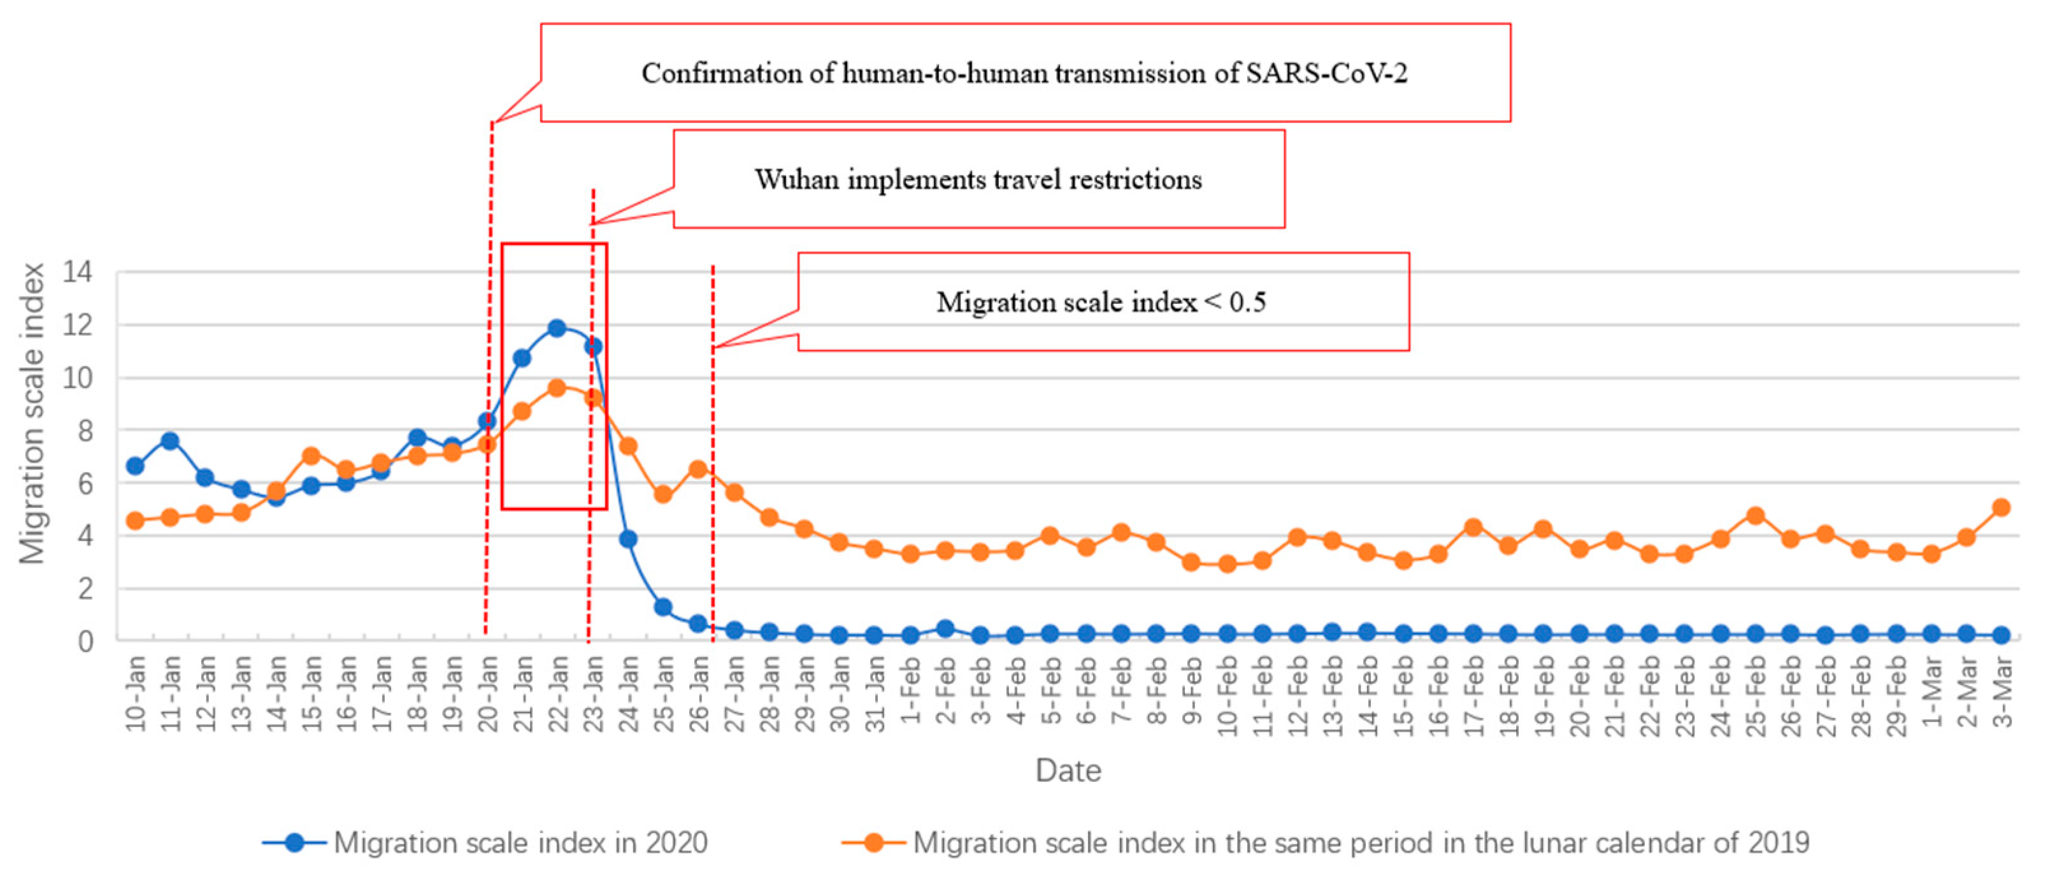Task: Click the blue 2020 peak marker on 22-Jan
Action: [557, 328]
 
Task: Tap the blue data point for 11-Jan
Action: [169, 440]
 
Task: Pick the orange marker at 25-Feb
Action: [1756, 516]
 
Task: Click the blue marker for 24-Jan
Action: [627, 539]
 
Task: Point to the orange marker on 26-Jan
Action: [698, 469]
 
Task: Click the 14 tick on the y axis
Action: [78, 273]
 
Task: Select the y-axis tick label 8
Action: [84, 430]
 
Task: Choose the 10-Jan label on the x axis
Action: [136, 692]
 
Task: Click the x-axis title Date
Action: [1068, 770]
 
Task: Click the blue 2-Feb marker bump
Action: [945, 629]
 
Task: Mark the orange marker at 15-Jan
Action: [311, 456]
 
